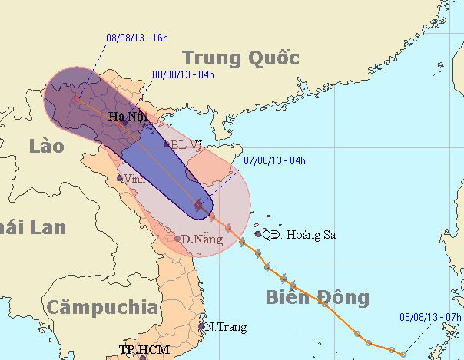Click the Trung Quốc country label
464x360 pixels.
240,58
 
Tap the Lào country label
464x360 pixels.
48,147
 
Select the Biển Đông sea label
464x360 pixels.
317,298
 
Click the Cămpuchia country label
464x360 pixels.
101,308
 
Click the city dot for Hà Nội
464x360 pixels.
124,123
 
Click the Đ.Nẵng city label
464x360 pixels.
203,239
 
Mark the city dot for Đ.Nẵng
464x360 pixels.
177,239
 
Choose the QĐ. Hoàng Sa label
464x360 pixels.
299,234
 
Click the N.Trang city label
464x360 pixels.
226,327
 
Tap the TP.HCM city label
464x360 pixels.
143,350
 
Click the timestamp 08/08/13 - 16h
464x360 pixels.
138,36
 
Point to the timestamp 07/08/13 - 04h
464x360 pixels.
274,160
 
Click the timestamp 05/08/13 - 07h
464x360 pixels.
431,315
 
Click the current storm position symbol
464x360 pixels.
200,204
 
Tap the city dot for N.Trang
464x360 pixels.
202,325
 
